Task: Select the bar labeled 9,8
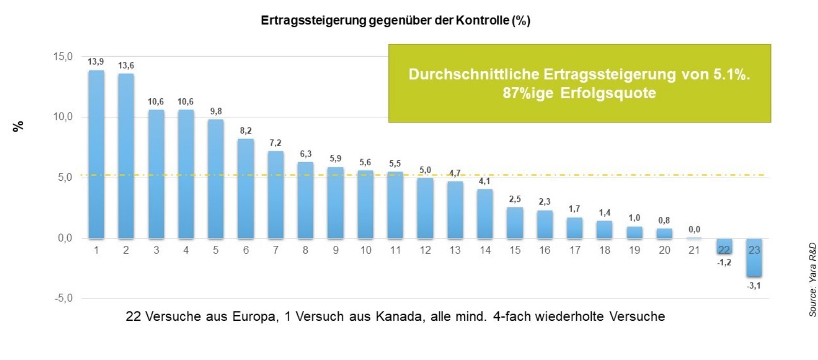pyautogui.click(x=216, y=179)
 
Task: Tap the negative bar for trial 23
pyautogui.click(x=754, y=258)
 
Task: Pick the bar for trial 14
pyautogui.click(x=485, y=214)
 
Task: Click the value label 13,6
pyautogui.click(x=126, y=66)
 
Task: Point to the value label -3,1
pyautogui.click(x=753, y=286)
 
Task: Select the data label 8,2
pyautogui.click(x=246, y=131)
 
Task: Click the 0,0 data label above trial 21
pyautogui.click(x=694, y=229)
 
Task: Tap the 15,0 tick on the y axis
pyautogui.click(x=63, y=56)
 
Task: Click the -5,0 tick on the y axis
pyautogui.click(x=63, y=298)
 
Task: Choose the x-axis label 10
pyautogui.click(x=366, y=250)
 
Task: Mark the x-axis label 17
pyautogui.click(x=575, y=250)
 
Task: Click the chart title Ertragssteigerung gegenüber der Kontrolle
pyautogui.click(x=396, y=21)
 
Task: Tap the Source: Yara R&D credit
pyautogui.click(x=812, y=279)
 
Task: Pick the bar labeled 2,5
pyautogui.click(x=515, y=223)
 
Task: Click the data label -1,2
pyautogui.click(x=724, y=263)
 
